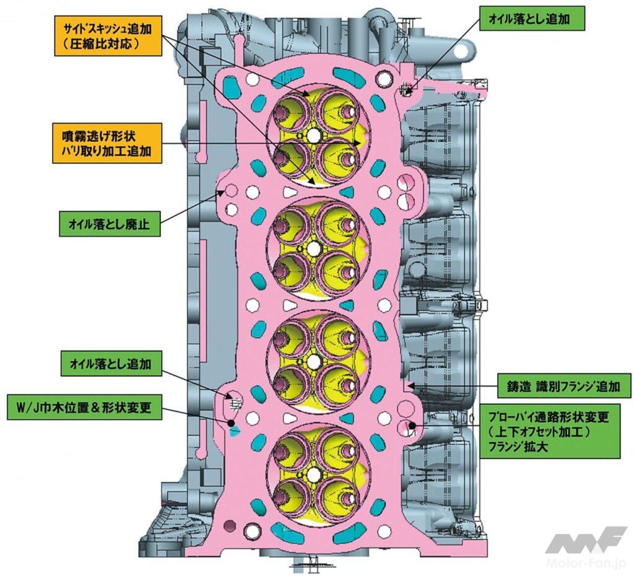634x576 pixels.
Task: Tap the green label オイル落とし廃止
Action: [x=110, y=223]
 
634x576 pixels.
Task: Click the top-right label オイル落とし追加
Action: [x=532, y=20]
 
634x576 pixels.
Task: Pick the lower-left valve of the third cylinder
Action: [x=290, y=383]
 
